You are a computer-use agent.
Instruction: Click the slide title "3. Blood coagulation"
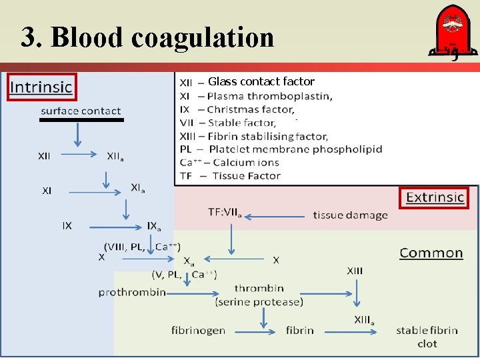(x=147, y=37)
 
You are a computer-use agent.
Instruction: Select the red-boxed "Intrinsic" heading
(x=41, y=87)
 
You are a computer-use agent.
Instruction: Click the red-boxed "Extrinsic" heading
(x=435, y=197)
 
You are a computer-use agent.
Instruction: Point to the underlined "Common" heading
(x=431, y=253)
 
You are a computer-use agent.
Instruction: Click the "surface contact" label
(x=81, y=111)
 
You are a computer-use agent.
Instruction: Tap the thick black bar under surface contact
(x=81, y=120)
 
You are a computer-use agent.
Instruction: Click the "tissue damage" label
(x=350, y=215)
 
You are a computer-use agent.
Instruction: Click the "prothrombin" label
(x=128, y=292)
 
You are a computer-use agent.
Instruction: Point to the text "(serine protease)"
(x=259, y=302)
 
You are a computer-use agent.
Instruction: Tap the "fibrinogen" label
(x=198, y=330)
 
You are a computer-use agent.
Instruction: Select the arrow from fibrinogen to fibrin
(x=257, y=331)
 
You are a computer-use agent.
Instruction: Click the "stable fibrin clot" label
(x=427, y=337)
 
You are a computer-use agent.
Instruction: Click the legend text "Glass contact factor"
(x=261, y=81)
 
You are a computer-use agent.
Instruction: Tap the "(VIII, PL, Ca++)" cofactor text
(x=142, y=247)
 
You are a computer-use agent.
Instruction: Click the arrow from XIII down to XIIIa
(x=357, y=292)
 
